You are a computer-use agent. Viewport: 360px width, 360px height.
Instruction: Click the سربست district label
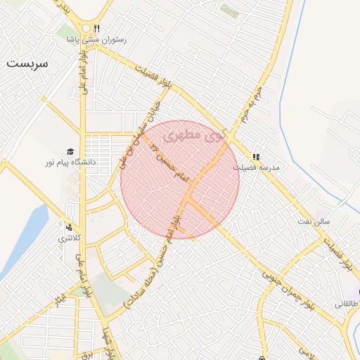28,63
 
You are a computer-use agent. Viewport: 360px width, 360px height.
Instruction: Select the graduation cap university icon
70,152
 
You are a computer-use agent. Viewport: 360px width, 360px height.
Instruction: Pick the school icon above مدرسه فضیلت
256,157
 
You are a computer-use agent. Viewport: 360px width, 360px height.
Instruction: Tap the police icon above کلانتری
69,227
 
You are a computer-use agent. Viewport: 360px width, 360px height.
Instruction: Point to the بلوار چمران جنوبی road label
288,288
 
